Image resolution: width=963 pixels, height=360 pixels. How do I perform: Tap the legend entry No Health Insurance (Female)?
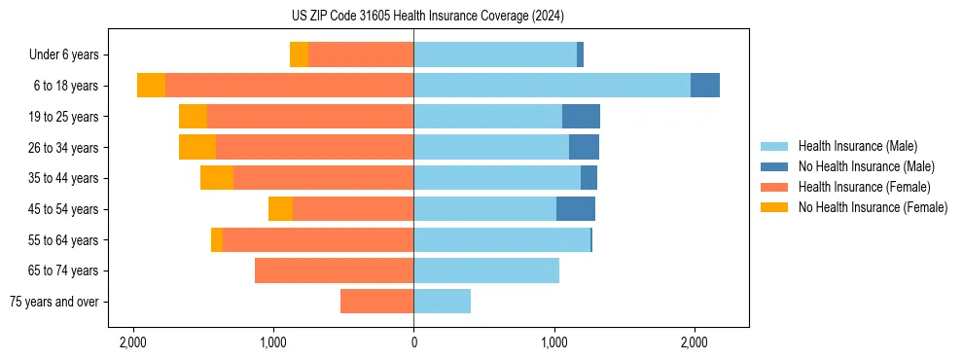pos(873,207)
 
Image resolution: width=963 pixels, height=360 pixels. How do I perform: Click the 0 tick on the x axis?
pos(413,342)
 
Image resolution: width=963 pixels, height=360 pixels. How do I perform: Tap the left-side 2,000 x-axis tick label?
pos(133,342)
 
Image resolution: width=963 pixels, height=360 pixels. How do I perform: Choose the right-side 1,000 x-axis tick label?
pos(553,342)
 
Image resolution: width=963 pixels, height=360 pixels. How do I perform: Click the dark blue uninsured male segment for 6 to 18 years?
pos(705,86)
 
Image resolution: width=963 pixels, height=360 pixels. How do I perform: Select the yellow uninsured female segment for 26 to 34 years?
pos(197,147)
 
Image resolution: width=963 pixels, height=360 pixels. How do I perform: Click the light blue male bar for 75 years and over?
pos(443,302)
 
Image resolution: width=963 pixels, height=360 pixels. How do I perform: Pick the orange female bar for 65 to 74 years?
pos(334,270)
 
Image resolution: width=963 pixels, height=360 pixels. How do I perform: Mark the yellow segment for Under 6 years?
pos(299,54)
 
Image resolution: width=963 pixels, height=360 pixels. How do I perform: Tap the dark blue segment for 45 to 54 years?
pos(576,209)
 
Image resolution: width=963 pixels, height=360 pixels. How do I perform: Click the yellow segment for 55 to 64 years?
pos(217,240)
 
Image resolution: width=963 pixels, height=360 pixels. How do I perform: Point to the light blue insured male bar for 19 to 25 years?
pos(487,117)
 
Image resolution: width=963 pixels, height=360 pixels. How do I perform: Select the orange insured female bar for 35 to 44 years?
pos(323,178)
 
